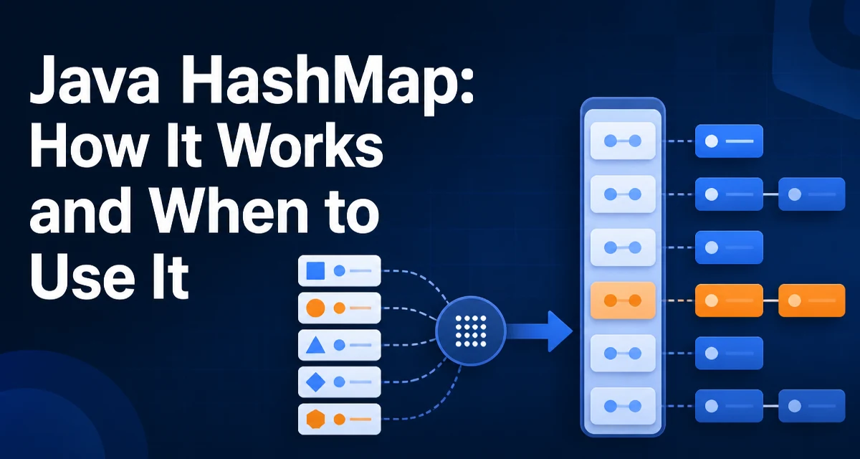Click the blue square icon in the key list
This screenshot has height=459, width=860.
tap(315, 271)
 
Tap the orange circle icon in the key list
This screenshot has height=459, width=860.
tap(315, 308)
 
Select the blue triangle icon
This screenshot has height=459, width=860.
tap(315, 345)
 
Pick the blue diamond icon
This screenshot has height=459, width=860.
tap(315, 382)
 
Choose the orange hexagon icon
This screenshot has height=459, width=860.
tap(315, 419)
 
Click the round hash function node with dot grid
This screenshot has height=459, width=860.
tap(471, 331)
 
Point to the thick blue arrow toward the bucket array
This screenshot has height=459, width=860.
tap(540, 331)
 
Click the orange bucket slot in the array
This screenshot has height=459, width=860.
tap(623, 301)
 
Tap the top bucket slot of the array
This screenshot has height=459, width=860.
tap(623, 141)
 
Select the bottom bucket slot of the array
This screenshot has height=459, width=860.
tap(623, 406)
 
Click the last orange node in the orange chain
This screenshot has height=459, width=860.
tap(811, 301)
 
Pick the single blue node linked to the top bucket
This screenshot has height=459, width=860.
tap(729, 141)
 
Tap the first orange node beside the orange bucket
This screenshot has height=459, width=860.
tap(729, 301)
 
